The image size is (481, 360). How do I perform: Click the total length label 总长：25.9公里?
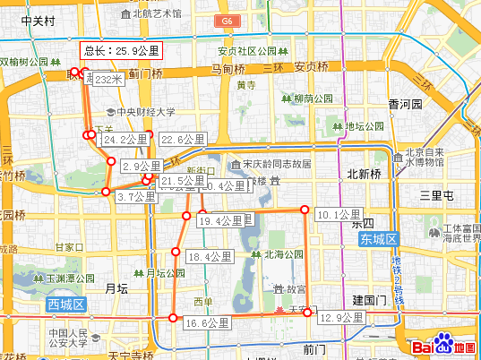pos(121,51)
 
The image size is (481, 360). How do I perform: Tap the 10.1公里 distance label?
pos(339,214)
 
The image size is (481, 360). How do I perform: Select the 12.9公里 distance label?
pos(341,317)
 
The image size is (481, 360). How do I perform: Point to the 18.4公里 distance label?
pos(208,256)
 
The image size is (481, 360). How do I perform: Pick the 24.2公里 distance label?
pos(125,140)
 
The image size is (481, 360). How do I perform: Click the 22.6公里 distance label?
pos(183,139)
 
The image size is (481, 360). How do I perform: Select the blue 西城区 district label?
pos(65,305)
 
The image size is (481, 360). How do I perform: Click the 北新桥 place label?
pos(364,173)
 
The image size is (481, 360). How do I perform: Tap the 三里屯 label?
pos(444,194)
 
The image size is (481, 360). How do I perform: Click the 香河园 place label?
pos(405,105)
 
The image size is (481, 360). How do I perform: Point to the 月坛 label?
pos(117,287)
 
